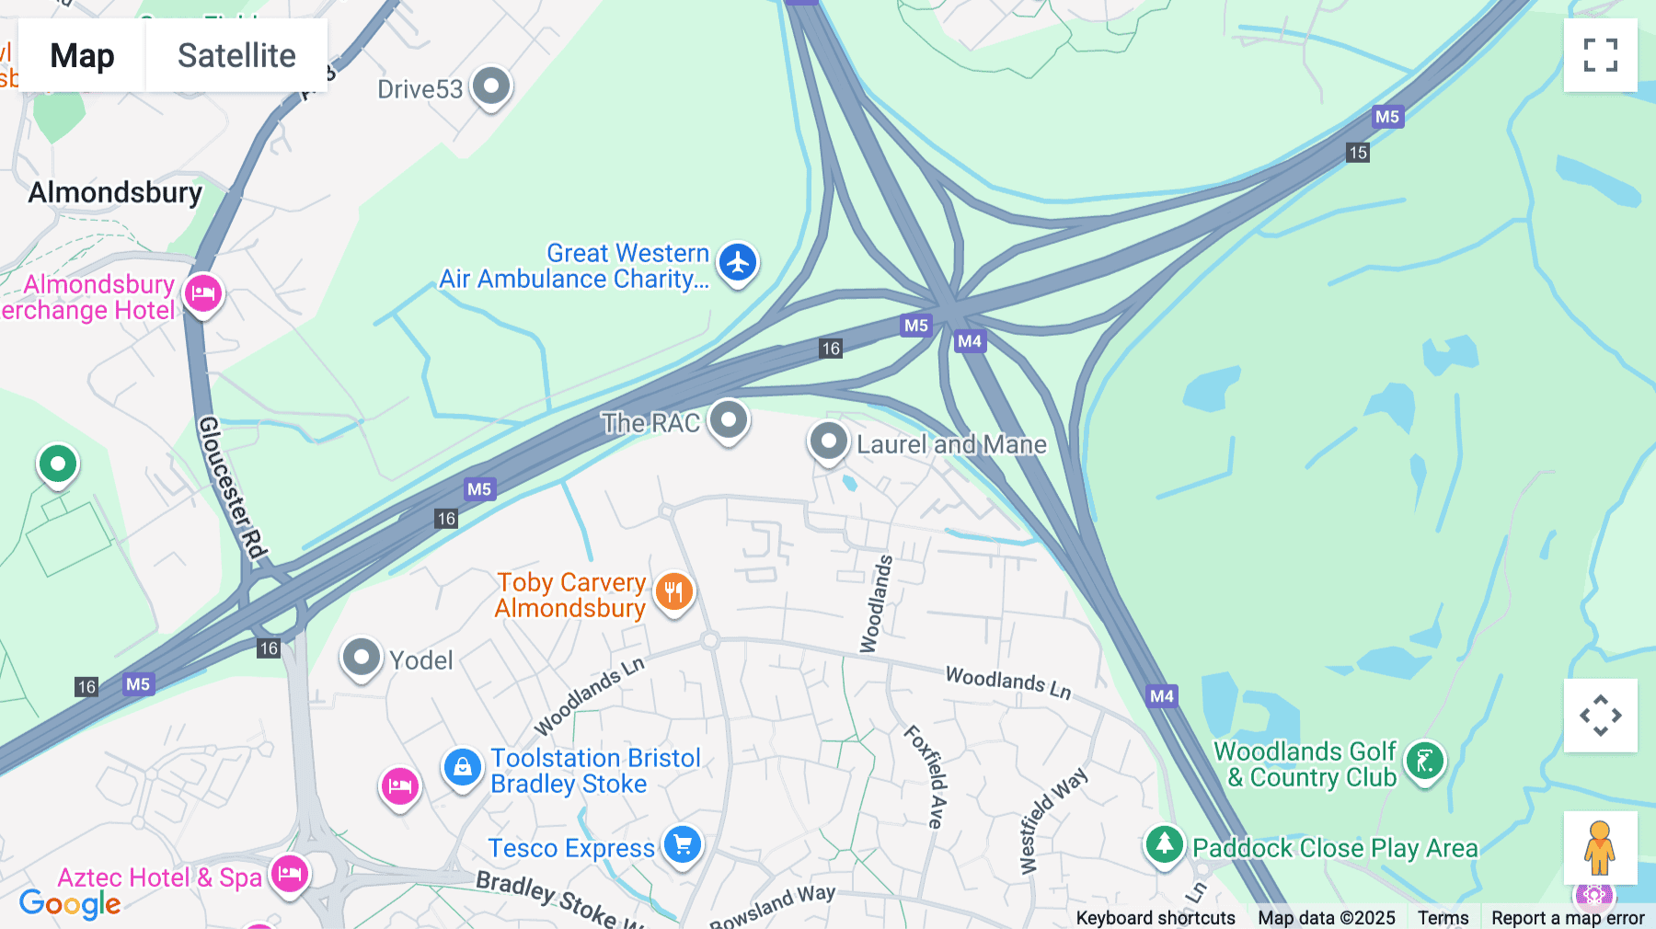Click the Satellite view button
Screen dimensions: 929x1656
236,55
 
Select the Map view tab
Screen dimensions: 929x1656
82,55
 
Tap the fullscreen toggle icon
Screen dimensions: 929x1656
1600,55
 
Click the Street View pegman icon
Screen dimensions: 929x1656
1600,848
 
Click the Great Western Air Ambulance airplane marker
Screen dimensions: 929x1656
738,263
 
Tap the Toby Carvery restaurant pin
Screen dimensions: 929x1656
674,591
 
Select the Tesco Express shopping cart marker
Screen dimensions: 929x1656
683,844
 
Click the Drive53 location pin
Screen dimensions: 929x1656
491,86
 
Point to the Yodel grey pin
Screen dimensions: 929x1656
361,658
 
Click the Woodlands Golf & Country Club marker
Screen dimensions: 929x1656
1425,762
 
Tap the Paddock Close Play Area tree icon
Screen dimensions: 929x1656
1164,844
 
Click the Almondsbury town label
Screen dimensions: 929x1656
115,192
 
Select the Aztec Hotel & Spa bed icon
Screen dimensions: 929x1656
290,874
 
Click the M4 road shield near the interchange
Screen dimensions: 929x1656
970,341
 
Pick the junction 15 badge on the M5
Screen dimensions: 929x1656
1358,153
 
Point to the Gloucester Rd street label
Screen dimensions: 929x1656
233,487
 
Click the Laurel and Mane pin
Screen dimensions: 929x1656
828,442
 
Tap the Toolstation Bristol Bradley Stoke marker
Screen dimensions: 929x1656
462,767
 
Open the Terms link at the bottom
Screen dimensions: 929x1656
1443,917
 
